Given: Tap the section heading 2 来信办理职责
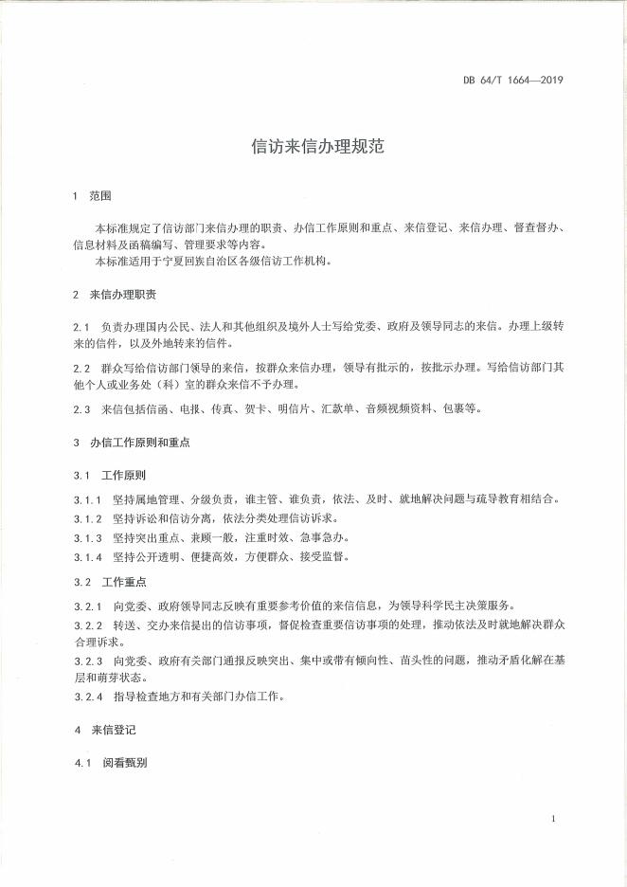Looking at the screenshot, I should tap(115, 294).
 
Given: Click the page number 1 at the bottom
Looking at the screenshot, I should tap(551, 817).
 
